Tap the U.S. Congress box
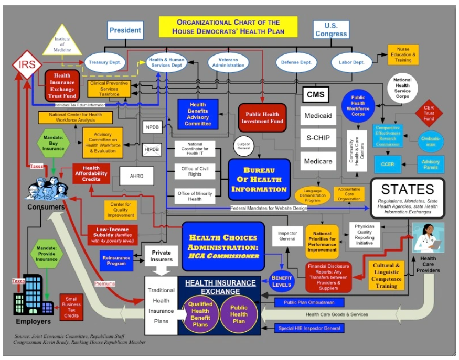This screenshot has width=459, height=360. point(331,29)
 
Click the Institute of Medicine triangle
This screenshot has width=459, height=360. point(62,42)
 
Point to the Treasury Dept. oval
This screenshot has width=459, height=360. point(105,62)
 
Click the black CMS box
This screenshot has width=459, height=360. point(315,95)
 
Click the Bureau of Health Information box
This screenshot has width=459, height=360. point(259,179)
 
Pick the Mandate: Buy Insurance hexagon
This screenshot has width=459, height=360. point(53,142)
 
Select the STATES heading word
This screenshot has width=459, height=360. point(408,189)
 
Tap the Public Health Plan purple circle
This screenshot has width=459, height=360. point(238,314)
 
